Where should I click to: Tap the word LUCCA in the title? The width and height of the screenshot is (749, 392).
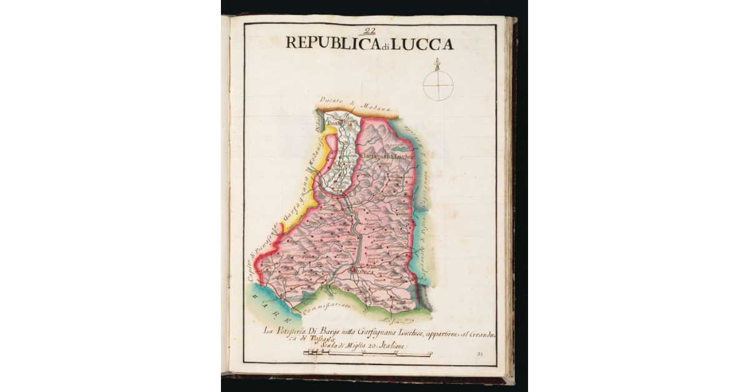point(425,44)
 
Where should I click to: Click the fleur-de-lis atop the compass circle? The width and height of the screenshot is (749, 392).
point(437,64)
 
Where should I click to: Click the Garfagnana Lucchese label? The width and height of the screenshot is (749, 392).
point(386,157)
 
